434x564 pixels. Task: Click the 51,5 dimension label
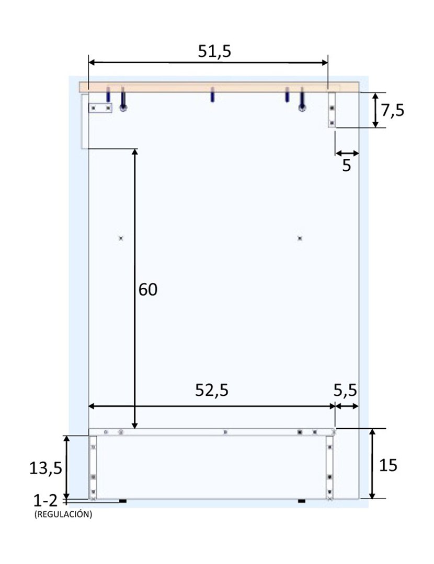214,51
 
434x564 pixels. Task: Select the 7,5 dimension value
392,111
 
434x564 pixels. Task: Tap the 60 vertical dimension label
148,290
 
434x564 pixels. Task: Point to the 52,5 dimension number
212,390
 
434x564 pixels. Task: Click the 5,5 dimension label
346,390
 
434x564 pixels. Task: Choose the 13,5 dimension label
45,468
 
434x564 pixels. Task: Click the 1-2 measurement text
45,501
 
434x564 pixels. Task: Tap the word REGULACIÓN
63,514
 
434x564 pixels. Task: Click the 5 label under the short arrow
347,166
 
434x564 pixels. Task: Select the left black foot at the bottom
123,501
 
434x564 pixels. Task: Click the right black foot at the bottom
301,501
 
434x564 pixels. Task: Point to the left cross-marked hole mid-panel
121,238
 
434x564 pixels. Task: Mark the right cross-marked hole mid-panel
300,238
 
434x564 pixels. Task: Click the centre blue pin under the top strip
212,96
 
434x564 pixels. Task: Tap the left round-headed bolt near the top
123,108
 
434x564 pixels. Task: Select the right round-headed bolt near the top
302,108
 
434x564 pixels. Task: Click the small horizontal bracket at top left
100,108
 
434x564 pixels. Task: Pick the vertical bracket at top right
332,110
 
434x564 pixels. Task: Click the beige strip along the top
220,87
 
